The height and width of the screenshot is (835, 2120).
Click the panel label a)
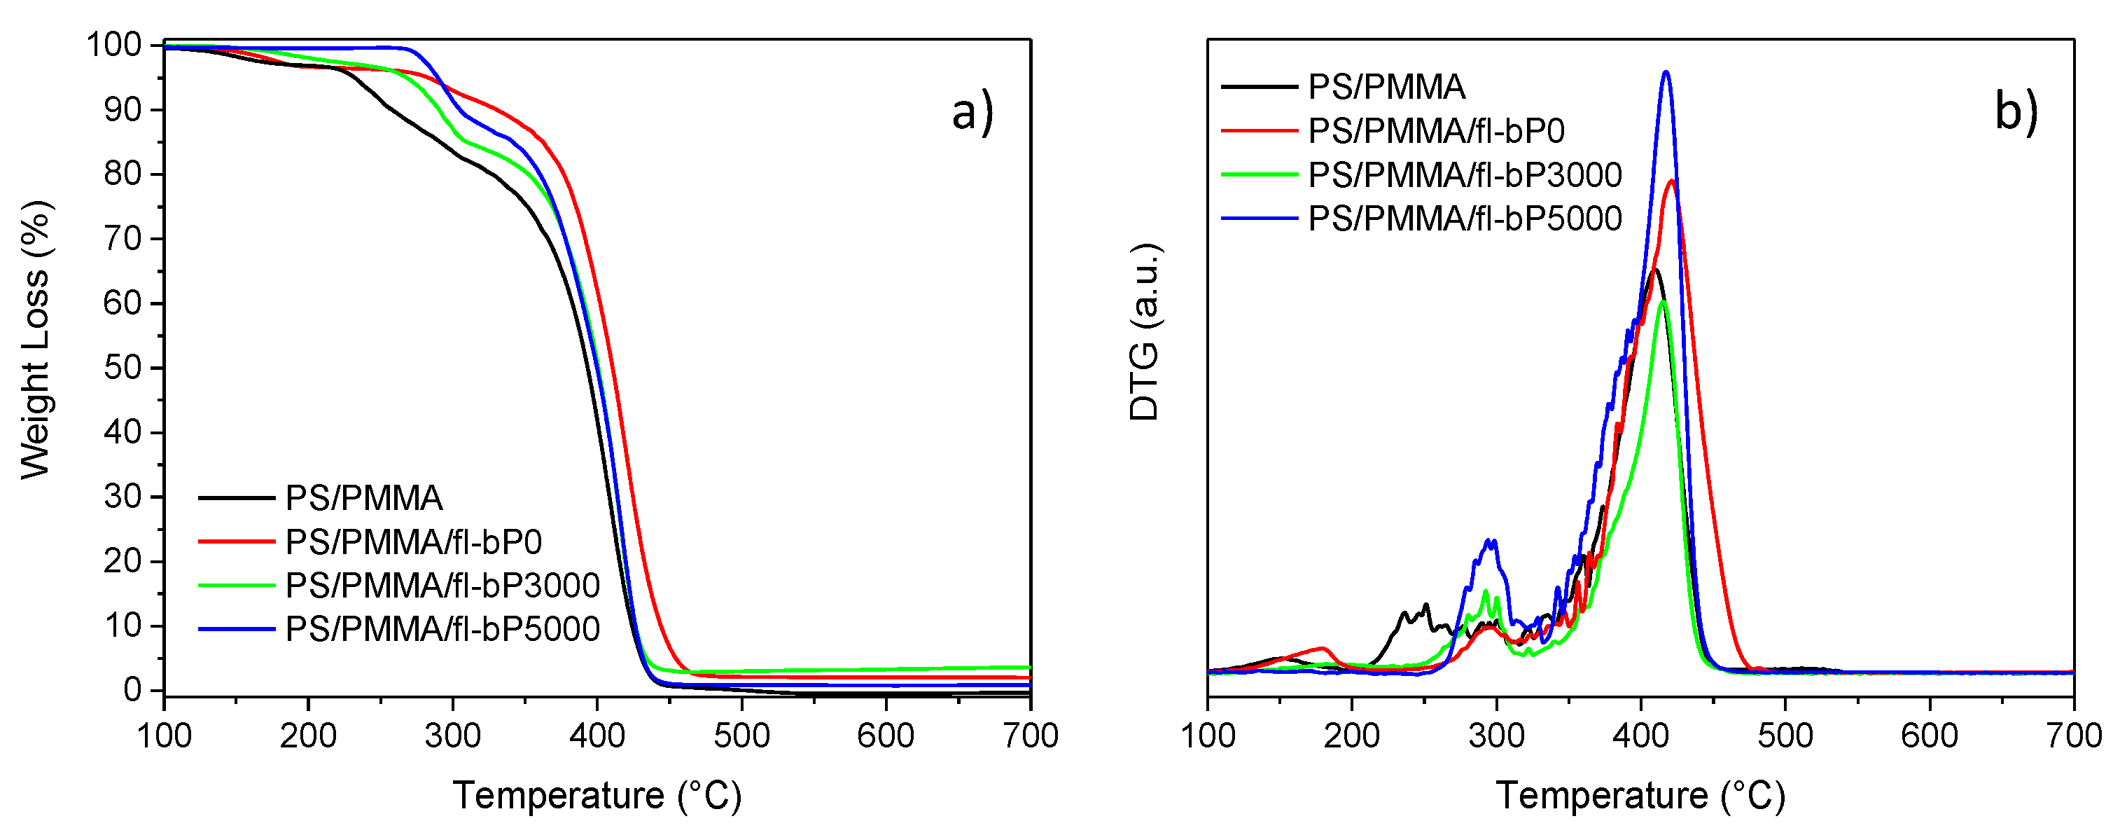[972, 113]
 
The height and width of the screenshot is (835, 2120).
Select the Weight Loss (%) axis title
[36, 339]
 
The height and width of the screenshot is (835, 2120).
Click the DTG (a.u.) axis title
[1144, 333]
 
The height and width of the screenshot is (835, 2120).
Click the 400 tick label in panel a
[597, 736]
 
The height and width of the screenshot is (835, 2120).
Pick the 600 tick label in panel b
[1929, 736]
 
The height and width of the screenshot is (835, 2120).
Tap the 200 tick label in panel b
[1351, 736]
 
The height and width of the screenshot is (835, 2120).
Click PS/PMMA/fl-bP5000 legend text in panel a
[442, 629]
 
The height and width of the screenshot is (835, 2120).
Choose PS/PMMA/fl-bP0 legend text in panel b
[1436, 131]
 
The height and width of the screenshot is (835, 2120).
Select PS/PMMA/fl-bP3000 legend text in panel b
[1465, 174]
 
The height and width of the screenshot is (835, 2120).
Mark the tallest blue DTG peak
[1666, 72]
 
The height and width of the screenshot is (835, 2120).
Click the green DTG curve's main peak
[1662, 302]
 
